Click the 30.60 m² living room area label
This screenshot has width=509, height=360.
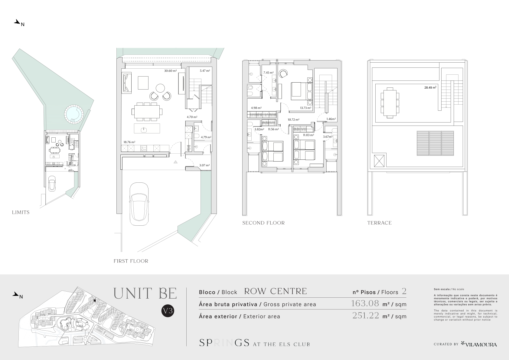point(171,71)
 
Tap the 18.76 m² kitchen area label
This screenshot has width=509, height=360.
point(129,142)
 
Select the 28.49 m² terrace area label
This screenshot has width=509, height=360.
point(430,87)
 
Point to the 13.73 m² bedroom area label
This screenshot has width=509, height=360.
point(306,108)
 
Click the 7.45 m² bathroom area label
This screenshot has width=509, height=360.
point(268,73)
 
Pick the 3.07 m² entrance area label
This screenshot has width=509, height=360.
point(204,165)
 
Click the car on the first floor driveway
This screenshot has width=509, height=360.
point(139,204)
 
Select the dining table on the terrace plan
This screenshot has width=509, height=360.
point(390,103)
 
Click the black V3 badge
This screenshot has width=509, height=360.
point(168,311)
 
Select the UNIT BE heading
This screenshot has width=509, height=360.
point(145,293)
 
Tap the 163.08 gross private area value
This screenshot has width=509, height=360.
point(365,303)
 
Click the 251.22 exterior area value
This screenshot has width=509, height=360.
point(366,316)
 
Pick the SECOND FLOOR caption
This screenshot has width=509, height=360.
point(263,223)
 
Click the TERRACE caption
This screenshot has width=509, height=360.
point(380,223)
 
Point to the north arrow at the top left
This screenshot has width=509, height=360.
point(17,22)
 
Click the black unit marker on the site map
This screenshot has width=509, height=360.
point(95,301)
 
